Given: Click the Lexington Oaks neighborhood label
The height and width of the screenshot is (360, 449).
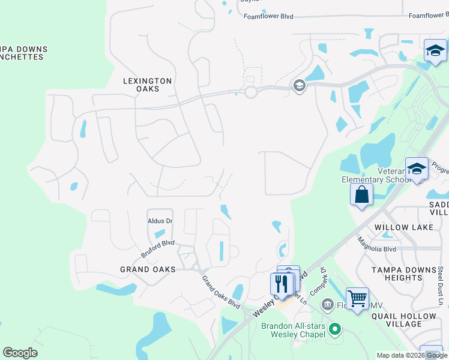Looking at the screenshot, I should coord(148,85).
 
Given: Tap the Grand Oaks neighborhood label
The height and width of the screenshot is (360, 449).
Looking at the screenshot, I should coord(148,269).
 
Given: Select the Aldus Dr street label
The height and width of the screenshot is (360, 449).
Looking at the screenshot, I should coord(160,221).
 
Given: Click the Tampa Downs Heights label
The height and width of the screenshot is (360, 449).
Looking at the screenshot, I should coord(404,274).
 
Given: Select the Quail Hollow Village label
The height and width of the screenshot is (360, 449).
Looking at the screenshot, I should coord(404,320).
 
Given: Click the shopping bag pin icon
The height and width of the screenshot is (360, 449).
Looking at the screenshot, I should coord(361,195).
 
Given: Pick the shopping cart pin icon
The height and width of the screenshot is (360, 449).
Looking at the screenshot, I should coord(357,298).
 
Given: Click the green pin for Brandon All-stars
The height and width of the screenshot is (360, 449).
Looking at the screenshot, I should coord(335,329).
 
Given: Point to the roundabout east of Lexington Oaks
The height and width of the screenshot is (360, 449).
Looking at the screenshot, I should coord(251,92).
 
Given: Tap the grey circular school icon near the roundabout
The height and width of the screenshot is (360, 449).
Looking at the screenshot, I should coord(298,86).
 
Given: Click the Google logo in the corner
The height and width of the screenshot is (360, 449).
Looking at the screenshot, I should coord(20,353).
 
